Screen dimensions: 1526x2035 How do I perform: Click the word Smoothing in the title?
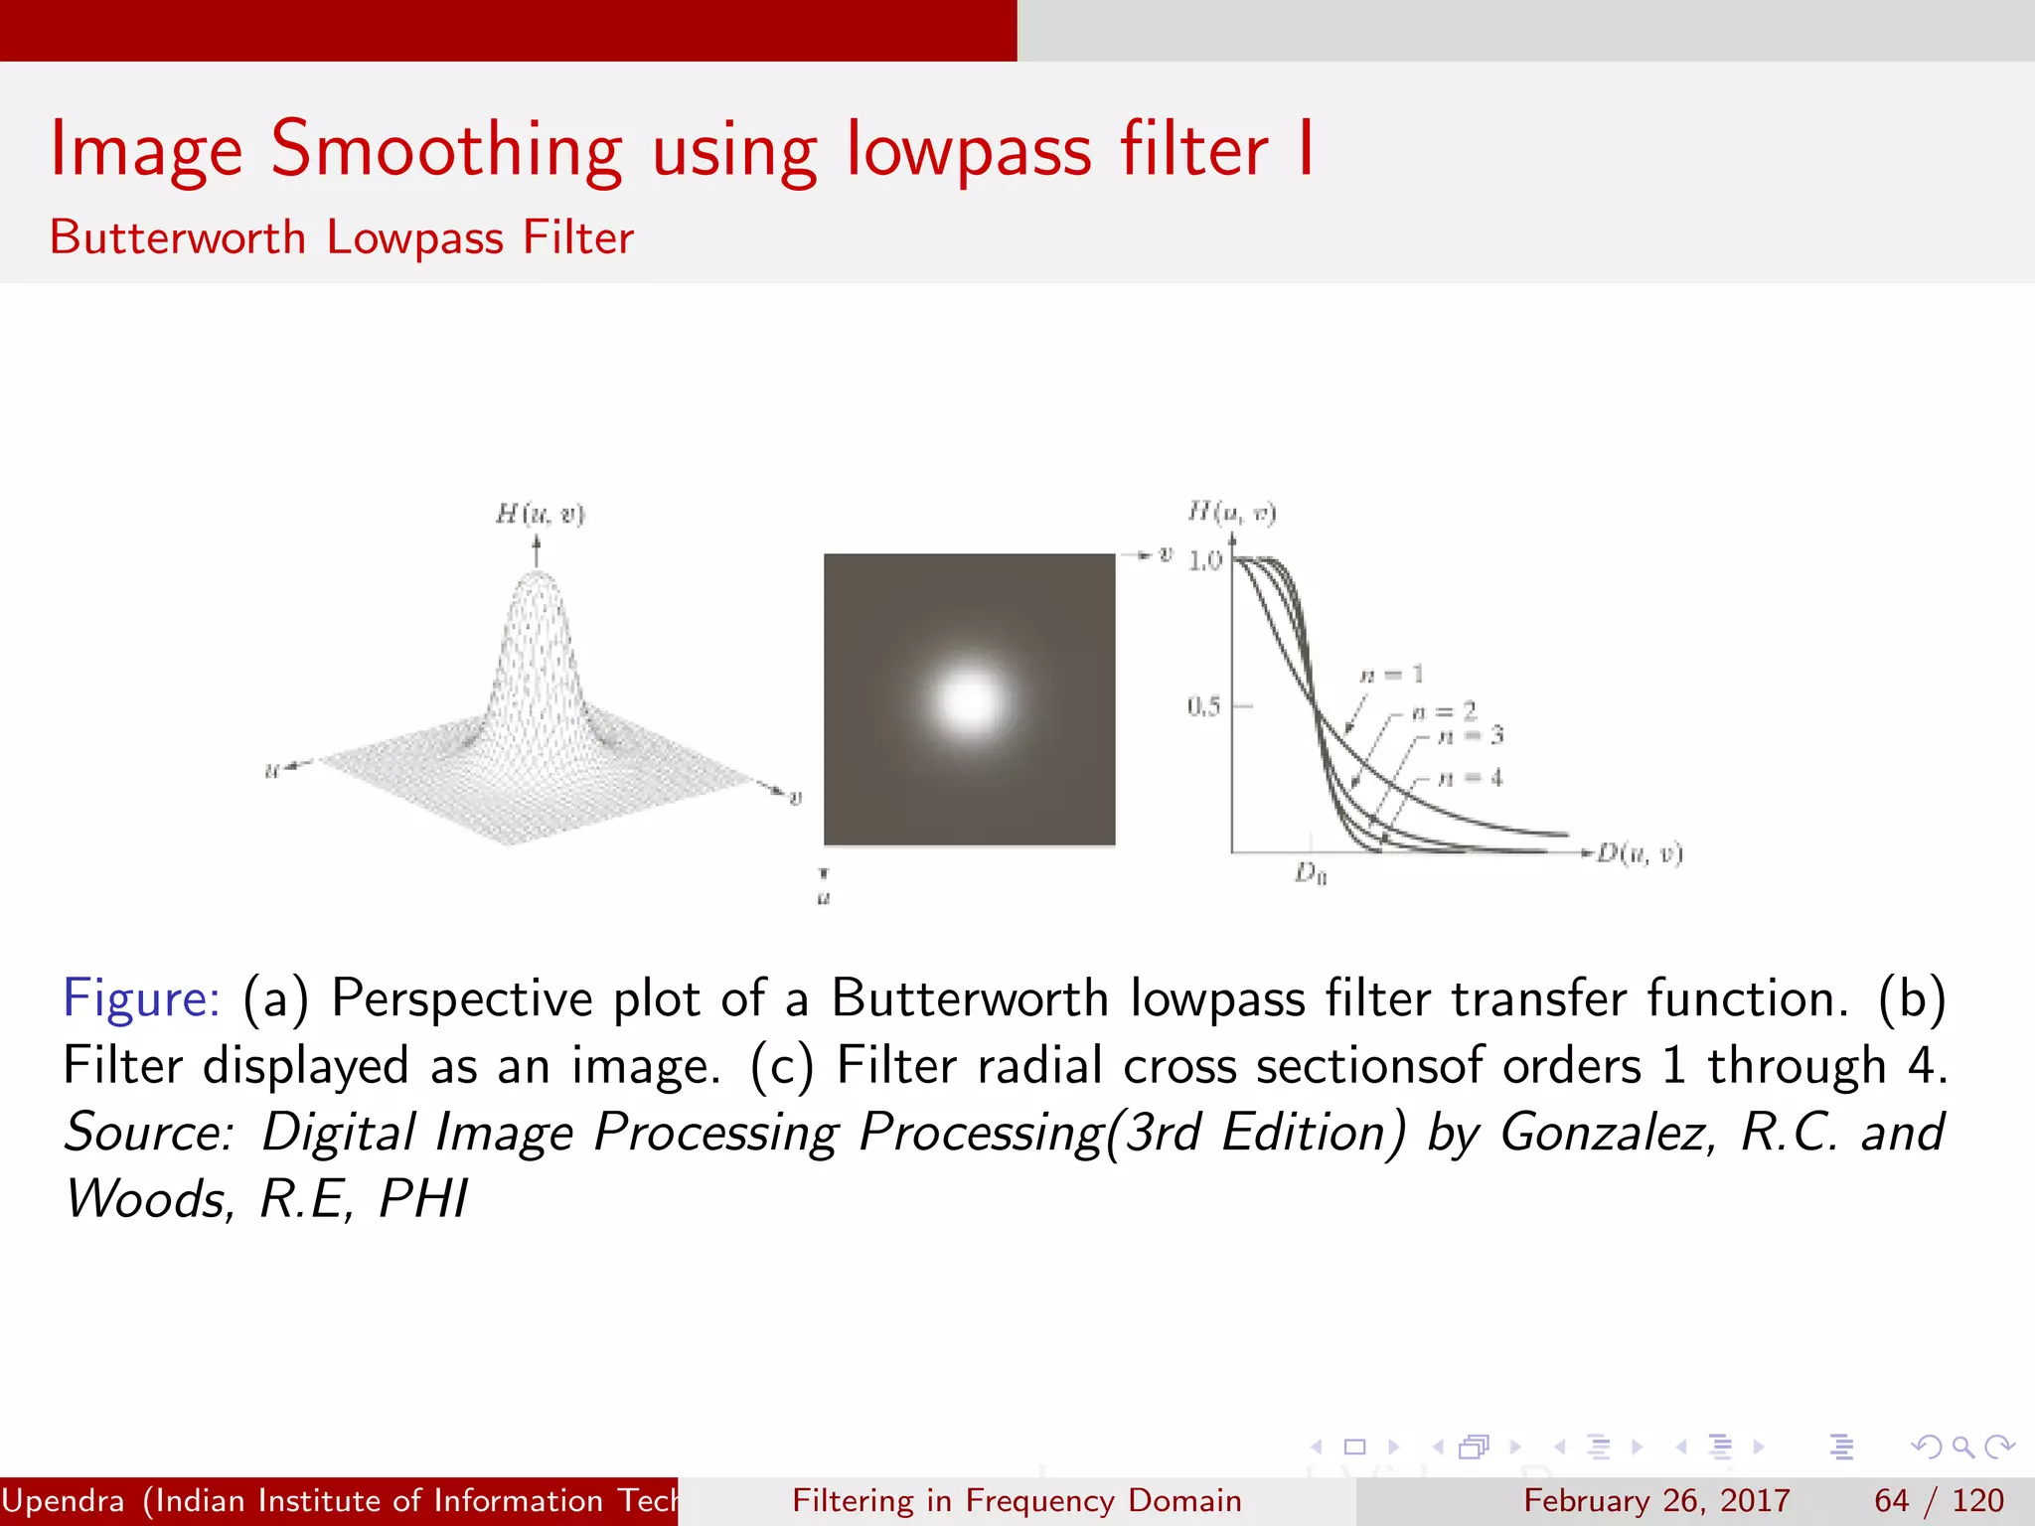446,151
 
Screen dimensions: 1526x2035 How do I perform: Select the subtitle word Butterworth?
178,238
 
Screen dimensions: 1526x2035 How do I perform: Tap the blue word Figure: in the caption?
141,998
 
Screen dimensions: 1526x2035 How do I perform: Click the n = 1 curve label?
1392,676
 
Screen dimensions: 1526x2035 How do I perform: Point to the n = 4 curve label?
1471,778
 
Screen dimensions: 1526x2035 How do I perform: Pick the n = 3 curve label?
1472,736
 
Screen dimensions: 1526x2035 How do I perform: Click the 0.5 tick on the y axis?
1203,706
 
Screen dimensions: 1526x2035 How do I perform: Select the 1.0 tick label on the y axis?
1204,561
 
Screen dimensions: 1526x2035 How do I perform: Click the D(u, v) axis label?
1640,854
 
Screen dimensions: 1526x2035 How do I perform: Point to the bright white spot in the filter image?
969,700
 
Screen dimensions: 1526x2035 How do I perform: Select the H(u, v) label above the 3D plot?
541,514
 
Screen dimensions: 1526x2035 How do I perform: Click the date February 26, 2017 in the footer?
1656,1500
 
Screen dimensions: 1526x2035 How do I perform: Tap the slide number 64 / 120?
1939,1500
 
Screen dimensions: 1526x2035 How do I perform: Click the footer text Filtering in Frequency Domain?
1017,1500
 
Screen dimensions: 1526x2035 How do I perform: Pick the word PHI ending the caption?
422,1199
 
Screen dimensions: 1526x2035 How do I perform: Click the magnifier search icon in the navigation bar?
1962,1447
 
